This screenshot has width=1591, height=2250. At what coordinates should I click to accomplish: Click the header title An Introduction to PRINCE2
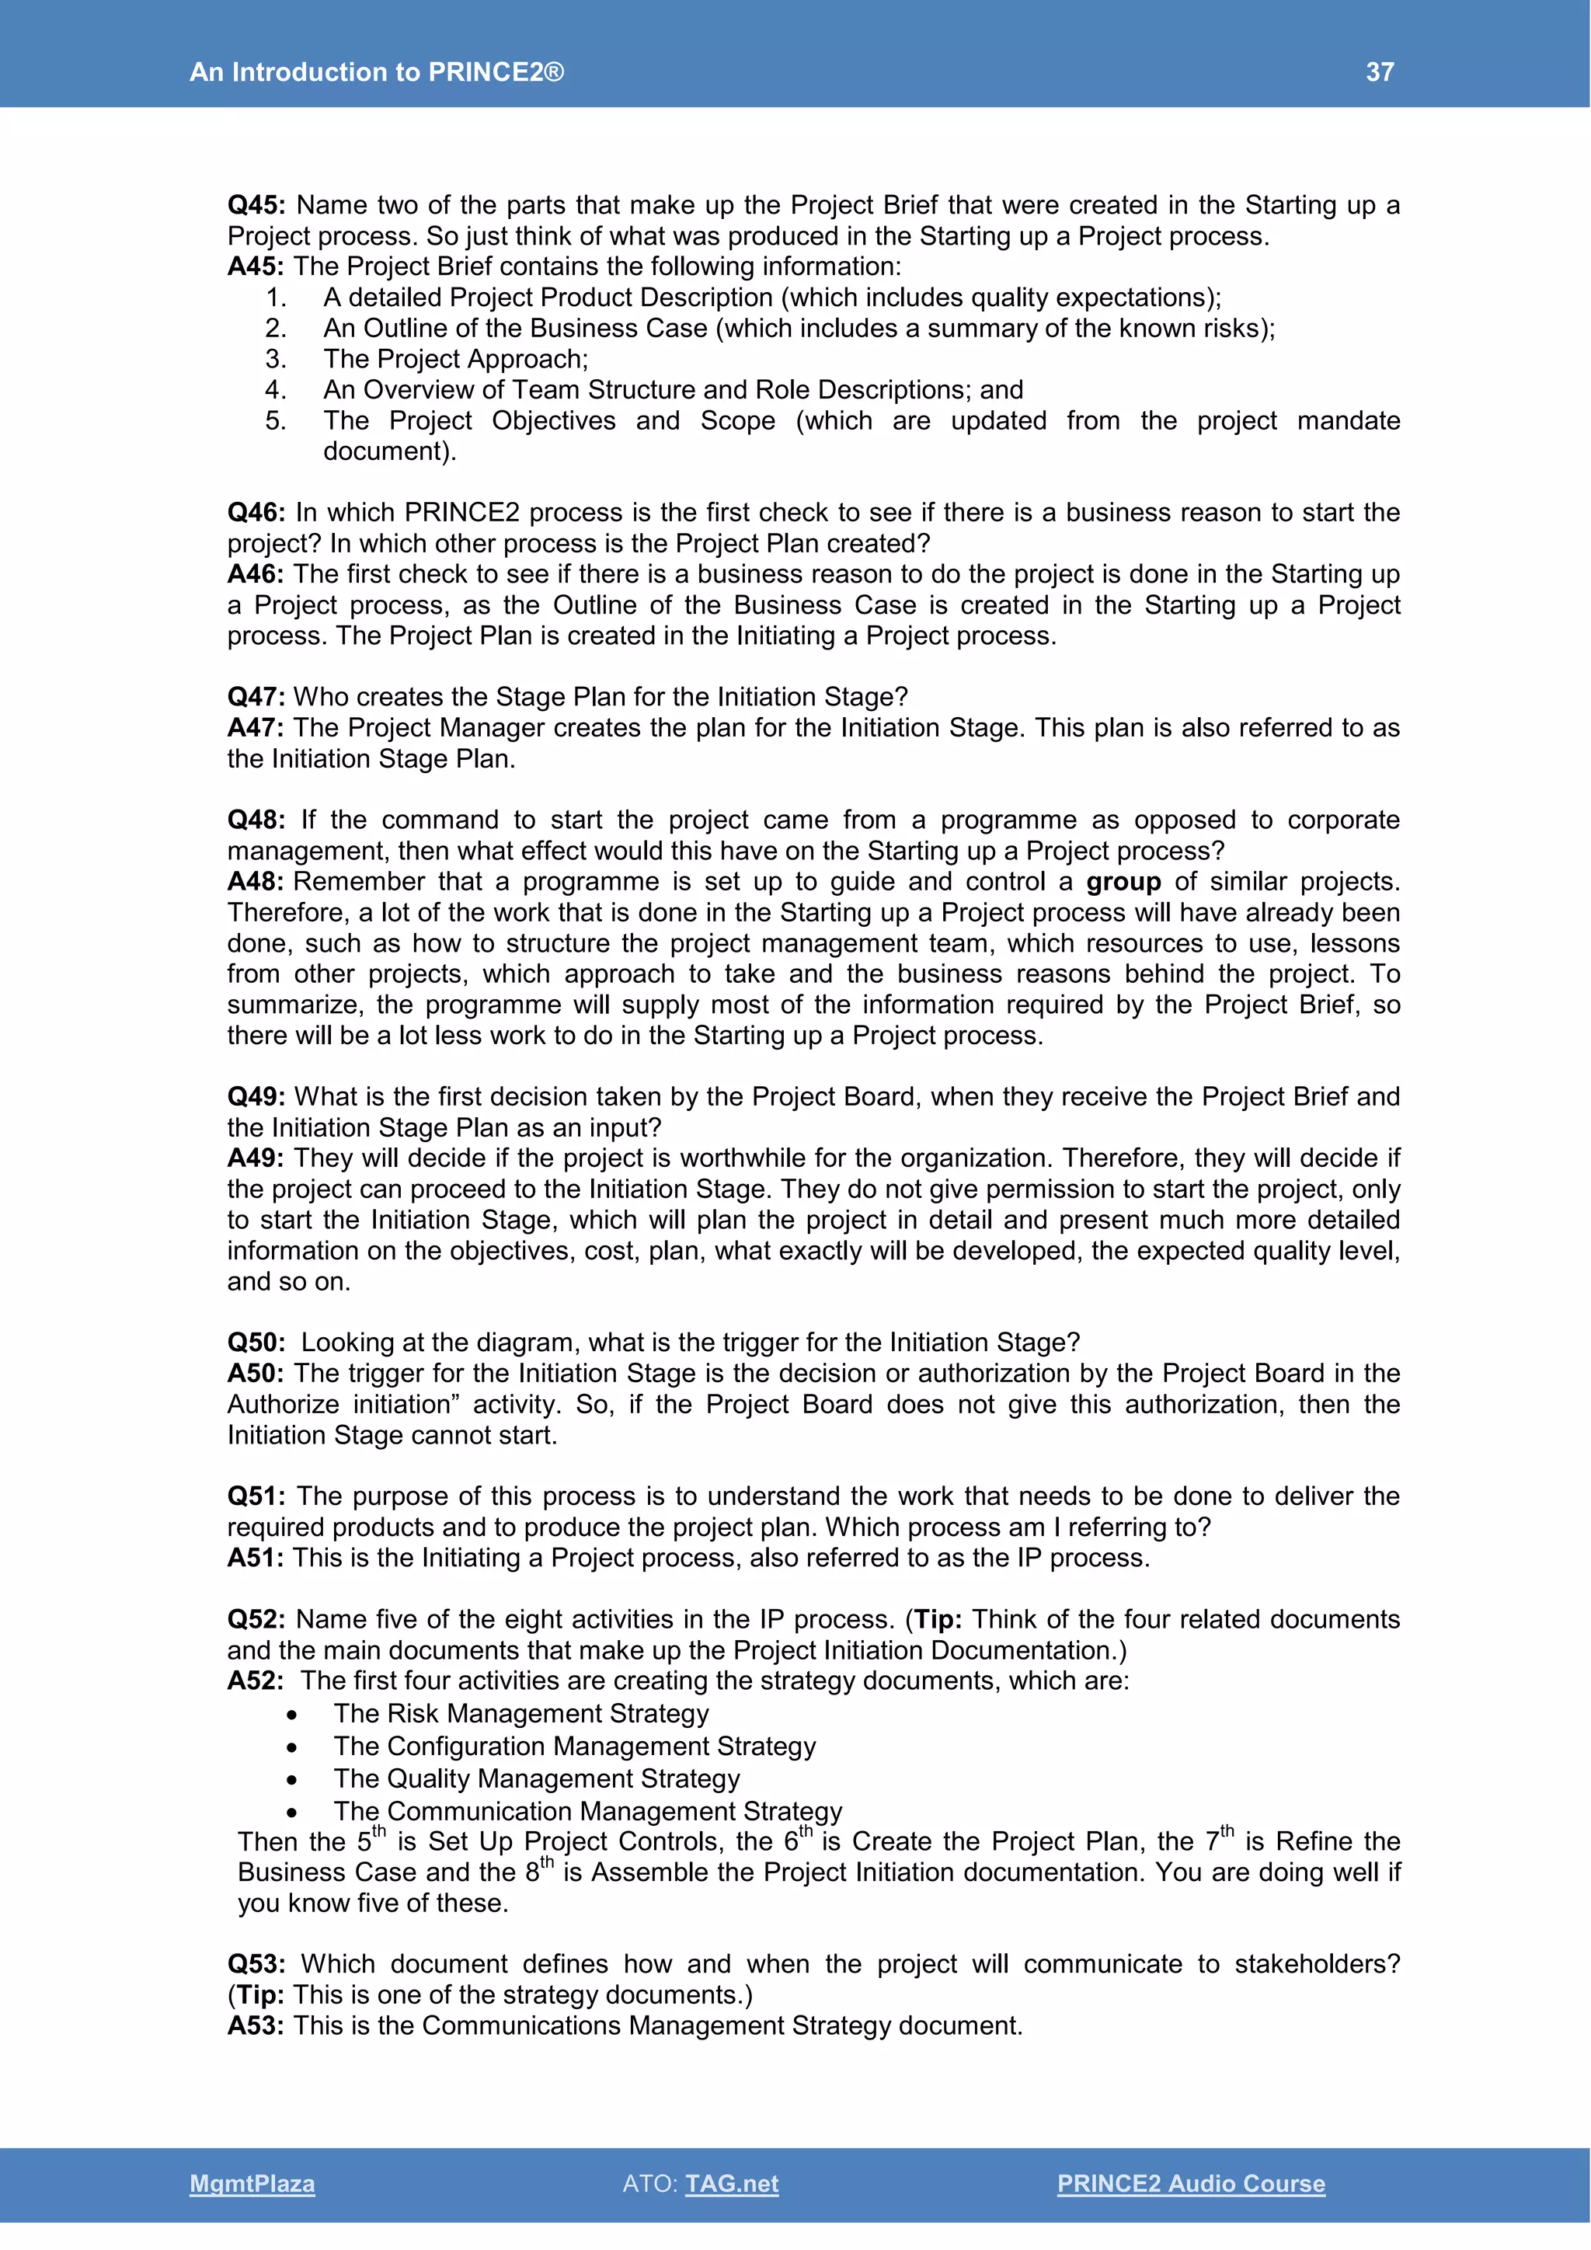coord(376,71)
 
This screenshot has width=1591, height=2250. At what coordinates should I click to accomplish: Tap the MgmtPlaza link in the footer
coord(252,2183)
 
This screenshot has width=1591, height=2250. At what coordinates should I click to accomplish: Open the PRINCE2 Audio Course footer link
coord(1190,2183)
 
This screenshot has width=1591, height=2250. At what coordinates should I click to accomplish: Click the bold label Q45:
coord(256,205)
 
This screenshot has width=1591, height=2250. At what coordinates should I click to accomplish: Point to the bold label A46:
coord(255,574)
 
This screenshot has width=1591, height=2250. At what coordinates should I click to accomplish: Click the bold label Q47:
coord(256,697)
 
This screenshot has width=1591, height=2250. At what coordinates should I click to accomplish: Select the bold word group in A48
coord(1123,882)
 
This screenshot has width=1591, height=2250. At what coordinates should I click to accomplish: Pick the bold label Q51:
coord(256,1496)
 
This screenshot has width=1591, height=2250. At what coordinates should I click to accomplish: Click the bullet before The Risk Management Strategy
coord(292,1715)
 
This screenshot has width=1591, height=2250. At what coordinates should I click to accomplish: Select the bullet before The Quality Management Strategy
coord(292,1780)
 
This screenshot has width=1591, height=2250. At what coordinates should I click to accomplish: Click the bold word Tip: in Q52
coord(938,1620)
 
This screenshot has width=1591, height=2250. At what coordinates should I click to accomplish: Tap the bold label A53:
coord(255,2025)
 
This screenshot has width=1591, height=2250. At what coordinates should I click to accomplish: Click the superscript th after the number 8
coord(547,1862)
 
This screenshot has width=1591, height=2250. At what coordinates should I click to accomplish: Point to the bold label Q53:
coord(256,1964)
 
